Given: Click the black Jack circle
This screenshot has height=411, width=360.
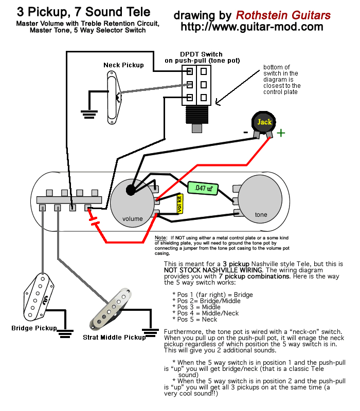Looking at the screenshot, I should click(x=264, y=122).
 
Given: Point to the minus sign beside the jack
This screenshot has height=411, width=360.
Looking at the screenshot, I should click(x=245, y=132).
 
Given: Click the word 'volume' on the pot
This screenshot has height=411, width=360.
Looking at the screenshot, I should click(x=133, y=219).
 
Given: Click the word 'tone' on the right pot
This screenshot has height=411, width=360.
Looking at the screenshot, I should click(x=261, y=214).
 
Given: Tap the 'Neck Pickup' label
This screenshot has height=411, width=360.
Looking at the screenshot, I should click(x=123, y=65).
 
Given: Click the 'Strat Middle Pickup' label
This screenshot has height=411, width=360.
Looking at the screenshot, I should click(x=114, y=338).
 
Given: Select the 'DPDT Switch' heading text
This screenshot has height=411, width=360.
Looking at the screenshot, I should click(x=201, y=54).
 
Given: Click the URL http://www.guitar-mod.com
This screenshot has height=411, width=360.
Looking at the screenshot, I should click(x=252, y=27).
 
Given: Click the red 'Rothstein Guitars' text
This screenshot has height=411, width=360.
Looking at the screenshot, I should click(x=283, y=15).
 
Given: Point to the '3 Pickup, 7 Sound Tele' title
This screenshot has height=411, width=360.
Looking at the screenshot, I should click(x=84, y=12).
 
